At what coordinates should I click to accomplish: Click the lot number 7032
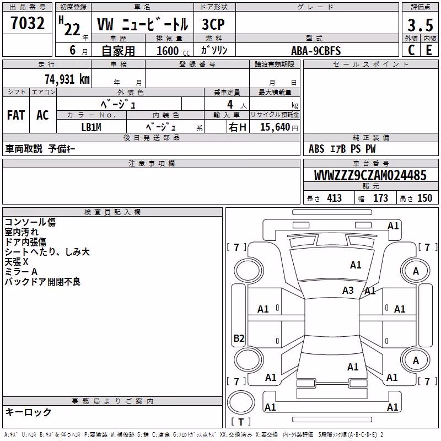(28, 23)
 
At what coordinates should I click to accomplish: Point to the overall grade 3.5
(420, 25)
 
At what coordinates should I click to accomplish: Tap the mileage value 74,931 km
(67, 79)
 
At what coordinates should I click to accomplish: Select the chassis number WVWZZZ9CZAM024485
(370, 175)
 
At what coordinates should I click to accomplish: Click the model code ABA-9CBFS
(316, 51)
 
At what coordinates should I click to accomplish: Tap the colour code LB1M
(91, 127)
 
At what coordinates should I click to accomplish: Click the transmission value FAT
(16, 115)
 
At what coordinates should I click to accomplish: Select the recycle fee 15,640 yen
(279, 127)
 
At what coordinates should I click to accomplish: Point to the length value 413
(335, 198)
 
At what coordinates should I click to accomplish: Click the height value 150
(424, 198)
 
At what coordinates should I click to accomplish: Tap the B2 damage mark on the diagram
(239, 338)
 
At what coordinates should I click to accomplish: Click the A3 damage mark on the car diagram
(348, 290)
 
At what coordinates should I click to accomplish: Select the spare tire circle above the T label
(241, 402)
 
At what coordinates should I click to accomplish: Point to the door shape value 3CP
(213, 24)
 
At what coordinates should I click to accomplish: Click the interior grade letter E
(429, 50)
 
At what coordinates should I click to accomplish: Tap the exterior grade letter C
(411, 50)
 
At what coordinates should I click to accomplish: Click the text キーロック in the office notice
(29, 412)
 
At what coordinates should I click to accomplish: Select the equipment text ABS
(316, 149)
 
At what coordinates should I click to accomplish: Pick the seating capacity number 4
(230, 104)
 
